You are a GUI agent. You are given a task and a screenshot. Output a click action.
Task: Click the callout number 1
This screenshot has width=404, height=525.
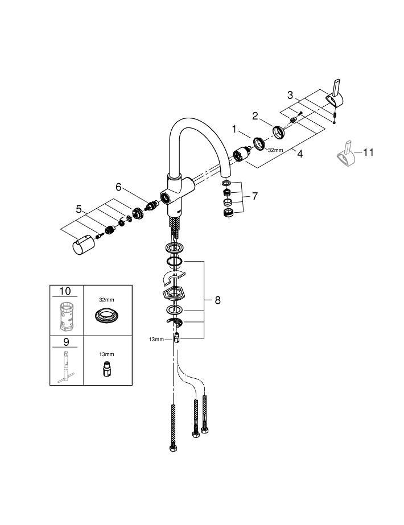coord(233,129)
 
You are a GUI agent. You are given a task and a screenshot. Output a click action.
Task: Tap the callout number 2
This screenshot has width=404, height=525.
coord(256,116)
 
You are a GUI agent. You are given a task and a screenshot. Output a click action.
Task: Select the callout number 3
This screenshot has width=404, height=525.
coord(290,95)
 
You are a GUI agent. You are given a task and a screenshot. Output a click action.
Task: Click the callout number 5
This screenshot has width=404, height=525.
coord(79,209)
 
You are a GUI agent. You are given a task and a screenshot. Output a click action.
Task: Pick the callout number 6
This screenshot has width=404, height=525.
coord(119,186)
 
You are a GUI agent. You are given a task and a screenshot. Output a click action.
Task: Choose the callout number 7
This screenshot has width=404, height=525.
coord(254,197)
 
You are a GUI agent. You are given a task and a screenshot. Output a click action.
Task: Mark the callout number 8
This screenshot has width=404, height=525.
coord(217,300)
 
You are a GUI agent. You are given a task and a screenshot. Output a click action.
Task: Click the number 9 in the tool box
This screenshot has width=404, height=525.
coord(65,342)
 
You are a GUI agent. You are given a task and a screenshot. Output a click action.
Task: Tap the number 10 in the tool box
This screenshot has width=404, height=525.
coord(65,291)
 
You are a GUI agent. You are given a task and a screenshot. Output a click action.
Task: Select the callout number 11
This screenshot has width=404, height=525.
coord(368,152)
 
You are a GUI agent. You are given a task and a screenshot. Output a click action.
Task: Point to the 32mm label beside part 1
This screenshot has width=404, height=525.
coord(275,150)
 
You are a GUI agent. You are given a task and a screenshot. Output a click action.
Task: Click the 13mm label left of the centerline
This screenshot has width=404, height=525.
coord(156,339)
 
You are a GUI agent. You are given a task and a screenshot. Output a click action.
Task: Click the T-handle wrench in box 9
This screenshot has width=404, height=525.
coord(65,367)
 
